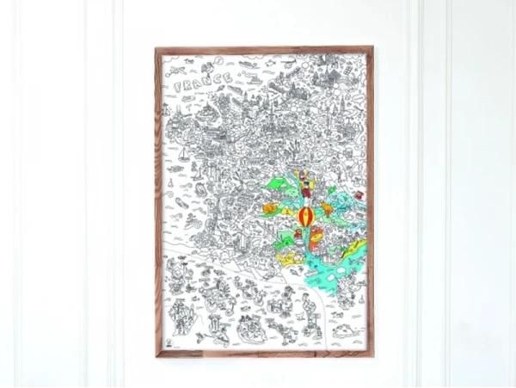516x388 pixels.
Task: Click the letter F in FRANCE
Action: click(x=178, y=88)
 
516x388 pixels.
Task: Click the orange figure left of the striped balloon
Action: click(x=271, y=208)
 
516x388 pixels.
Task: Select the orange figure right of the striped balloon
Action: click(x=328, y=208)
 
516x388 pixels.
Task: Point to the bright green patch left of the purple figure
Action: click(x=277, y=183)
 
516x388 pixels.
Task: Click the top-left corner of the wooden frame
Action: click(x=157, y=49)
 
